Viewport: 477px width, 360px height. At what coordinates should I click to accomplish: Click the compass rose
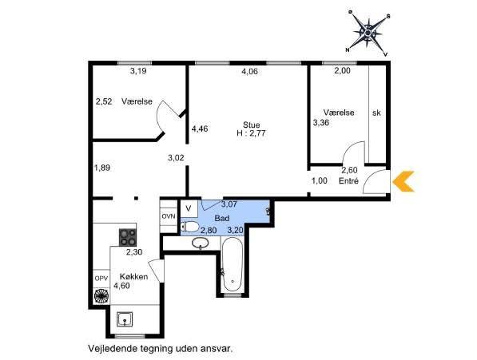click(x=368, y=33)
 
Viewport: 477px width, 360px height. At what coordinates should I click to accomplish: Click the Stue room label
click(x=251, y=125)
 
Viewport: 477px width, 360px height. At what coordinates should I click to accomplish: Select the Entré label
click(x=348, y=180)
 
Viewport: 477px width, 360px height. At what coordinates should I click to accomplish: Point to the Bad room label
click(x=222, y=218)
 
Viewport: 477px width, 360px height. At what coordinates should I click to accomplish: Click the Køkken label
click(x=134, y=276)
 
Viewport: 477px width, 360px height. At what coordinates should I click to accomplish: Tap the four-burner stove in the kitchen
click(x=128, y=237)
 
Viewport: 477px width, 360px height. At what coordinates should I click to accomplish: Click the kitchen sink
click(x=125, y=319)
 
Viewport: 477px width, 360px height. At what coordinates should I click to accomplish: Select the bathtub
click(x=231, y=264)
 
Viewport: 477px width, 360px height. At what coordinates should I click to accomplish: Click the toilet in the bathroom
click(x=189, y=227)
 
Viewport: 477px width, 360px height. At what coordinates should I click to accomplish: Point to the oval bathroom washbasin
click(x=201, y=243)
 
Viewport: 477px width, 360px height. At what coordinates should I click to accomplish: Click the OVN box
click(x=169, y=216)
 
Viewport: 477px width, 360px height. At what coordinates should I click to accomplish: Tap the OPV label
click(x=101, y=278)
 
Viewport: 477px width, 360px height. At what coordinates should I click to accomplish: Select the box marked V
click(x=189, y=208)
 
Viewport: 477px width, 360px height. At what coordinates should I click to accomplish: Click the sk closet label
click(x=376, y=113)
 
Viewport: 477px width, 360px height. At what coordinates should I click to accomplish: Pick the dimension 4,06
click(x=249, y=71)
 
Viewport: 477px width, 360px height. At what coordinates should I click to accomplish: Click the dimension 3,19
click(x=138, y=71)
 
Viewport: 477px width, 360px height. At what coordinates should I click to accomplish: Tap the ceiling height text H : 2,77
click(x=251, y=133)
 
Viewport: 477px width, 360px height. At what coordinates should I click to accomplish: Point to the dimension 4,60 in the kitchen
click(x=121, y=286)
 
